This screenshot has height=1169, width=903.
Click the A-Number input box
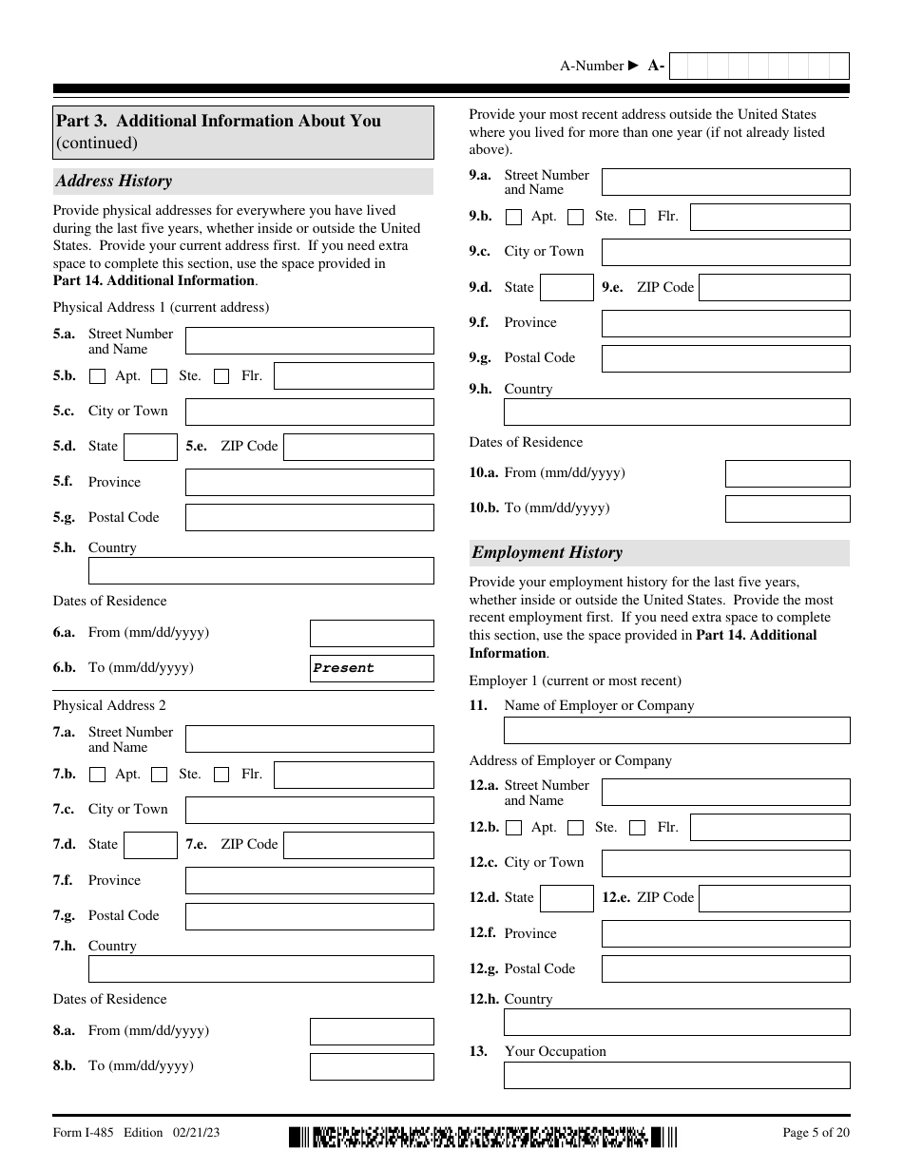pos(759,66)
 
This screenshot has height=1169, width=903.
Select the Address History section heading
pos(114,181)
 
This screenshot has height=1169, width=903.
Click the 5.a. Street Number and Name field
pos(309,340)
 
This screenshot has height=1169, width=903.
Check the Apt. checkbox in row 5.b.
pos(97,376)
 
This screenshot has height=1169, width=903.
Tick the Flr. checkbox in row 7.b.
pos(221,775)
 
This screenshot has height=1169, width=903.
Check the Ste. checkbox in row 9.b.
pos(575,217)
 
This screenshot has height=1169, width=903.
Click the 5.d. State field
pos(150,447)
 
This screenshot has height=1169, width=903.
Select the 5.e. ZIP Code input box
pos(358,447)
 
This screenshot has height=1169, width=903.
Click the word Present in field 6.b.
pos(344,668)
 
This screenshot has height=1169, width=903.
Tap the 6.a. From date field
pos(372,633)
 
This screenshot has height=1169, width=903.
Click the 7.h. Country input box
pos(260,968)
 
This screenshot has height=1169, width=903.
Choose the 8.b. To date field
pos(372,1066)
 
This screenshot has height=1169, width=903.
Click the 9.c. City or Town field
pos(725,252)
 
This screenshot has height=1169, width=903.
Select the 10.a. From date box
pos(787,473)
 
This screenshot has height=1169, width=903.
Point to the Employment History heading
pos(548,552)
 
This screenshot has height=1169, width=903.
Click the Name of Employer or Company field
pos(676,730)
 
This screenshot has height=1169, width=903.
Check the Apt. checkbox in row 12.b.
pos(513,828)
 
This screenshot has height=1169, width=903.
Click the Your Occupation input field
pos(676,1075)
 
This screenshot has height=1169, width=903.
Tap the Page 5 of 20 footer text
pos(816,1132)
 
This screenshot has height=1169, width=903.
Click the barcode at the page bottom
pos(484,1137)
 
